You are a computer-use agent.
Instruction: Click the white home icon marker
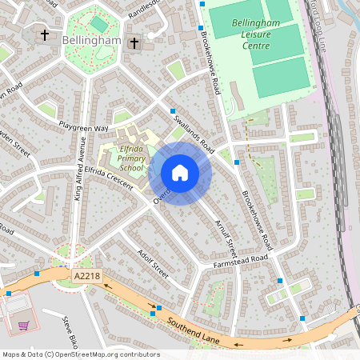(x=180, y=173)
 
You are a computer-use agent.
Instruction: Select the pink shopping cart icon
(x=24, y=326)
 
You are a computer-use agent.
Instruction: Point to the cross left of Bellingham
(x=43, y=36)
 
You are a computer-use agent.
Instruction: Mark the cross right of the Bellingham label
(x=134, y=42)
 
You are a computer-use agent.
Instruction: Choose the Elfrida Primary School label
(x=130, y=158)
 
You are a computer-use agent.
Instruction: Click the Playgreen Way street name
(x=82, y=127)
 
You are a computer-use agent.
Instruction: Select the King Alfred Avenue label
(x=80, y=168)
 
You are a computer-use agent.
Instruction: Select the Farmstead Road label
(x=240, y=262)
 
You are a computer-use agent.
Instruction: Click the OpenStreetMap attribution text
(x=81, y=354)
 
